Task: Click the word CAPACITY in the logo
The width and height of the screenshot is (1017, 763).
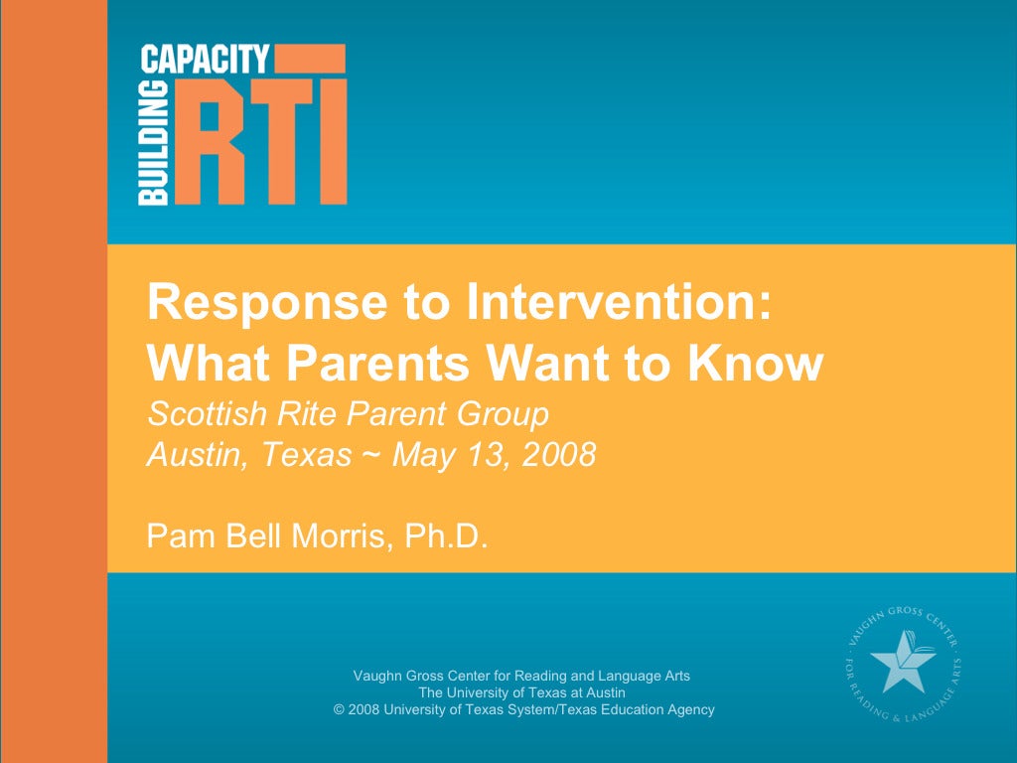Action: pyautogui.click(x=206, y=60)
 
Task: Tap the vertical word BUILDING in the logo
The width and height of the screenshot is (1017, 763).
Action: pyautogui.click(x=154, y=144)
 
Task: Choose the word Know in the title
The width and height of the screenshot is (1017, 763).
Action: pyautogui.click(x=765, y=364)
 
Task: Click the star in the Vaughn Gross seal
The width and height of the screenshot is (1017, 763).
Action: pyautogui.click(x=899, y=661)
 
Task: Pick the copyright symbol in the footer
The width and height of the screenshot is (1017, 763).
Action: pyautogui.click(x=340, y=709)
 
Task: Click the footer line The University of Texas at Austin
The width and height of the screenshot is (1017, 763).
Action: pyautogui.click(x=521, y=692)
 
